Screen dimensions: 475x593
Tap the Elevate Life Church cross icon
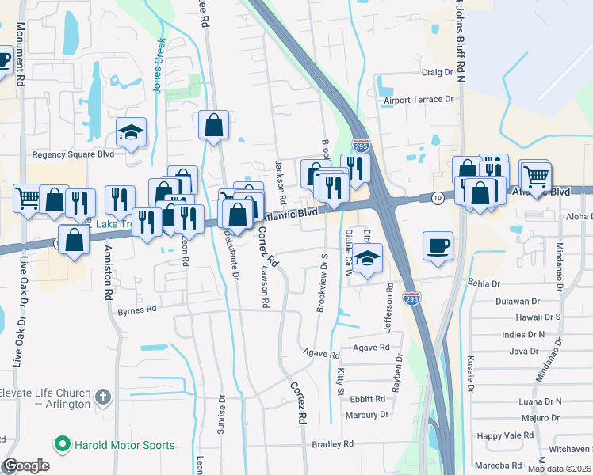pyautogui.click(x=102, y=395)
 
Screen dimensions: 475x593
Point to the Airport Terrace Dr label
pyautogui.click(x=418, y=100)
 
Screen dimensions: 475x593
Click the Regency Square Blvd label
pyautogui.click(x=73, y=154)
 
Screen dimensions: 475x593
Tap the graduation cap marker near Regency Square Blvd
pyautogui.click(x=131, y=132)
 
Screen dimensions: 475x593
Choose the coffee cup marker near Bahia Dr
pyautogui.click(x=438, y=245)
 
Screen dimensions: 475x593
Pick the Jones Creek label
pyautogui.click(x=159, y=66)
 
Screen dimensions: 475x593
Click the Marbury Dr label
pyautogui.click(x=368, y=414)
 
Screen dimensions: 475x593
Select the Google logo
pyautogui.click(x=26, y=465)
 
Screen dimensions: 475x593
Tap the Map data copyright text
pyautogui.click(x=559, y=469)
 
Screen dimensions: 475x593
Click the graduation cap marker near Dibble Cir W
pyautogui.click(x=365, y=260)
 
